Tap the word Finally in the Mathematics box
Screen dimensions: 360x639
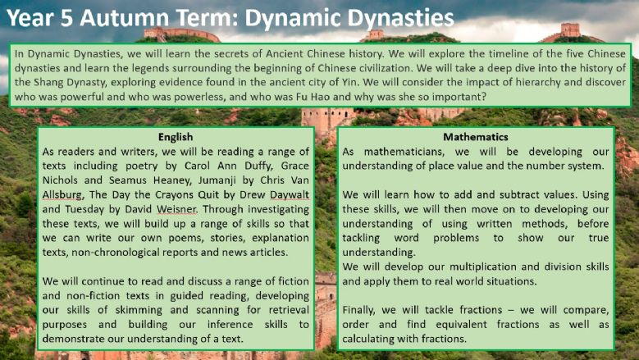tap(361, 311)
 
